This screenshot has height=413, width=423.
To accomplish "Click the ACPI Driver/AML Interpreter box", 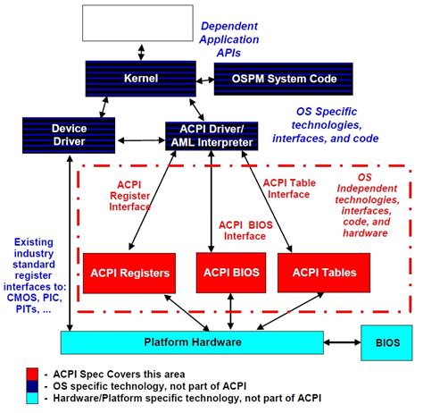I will coord(211,134).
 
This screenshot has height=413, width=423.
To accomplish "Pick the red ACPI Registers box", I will coord(127,273).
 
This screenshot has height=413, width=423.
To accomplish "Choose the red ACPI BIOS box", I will coord(227,273).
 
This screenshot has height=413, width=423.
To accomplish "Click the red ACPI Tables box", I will coord(323,273).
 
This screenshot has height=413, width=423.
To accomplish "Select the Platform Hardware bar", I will coord(191,341).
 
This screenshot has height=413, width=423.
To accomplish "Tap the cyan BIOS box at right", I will coord(387,341).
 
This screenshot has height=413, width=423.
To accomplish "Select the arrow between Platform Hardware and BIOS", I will coord(343,341).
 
